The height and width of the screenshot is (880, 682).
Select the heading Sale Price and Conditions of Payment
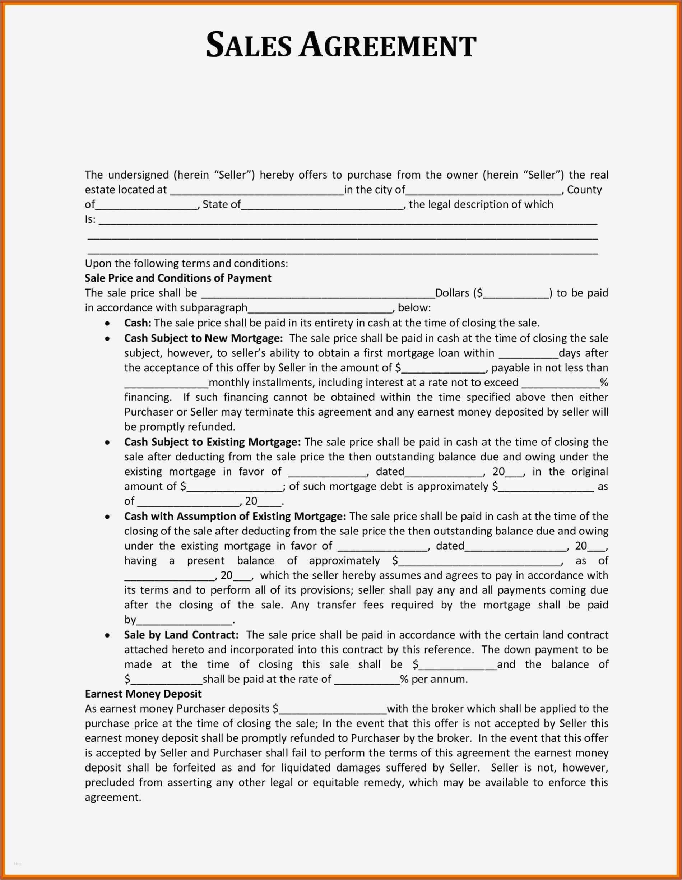tap(178, 278)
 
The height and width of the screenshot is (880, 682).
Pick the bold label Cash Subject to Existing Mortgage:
tap(212, 442)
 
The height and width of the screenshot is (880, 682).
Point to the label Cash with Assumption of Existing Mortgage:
tap(235, 516)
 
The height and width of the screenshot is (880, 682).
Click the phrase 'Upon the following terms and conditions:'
tap(186, 263)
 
